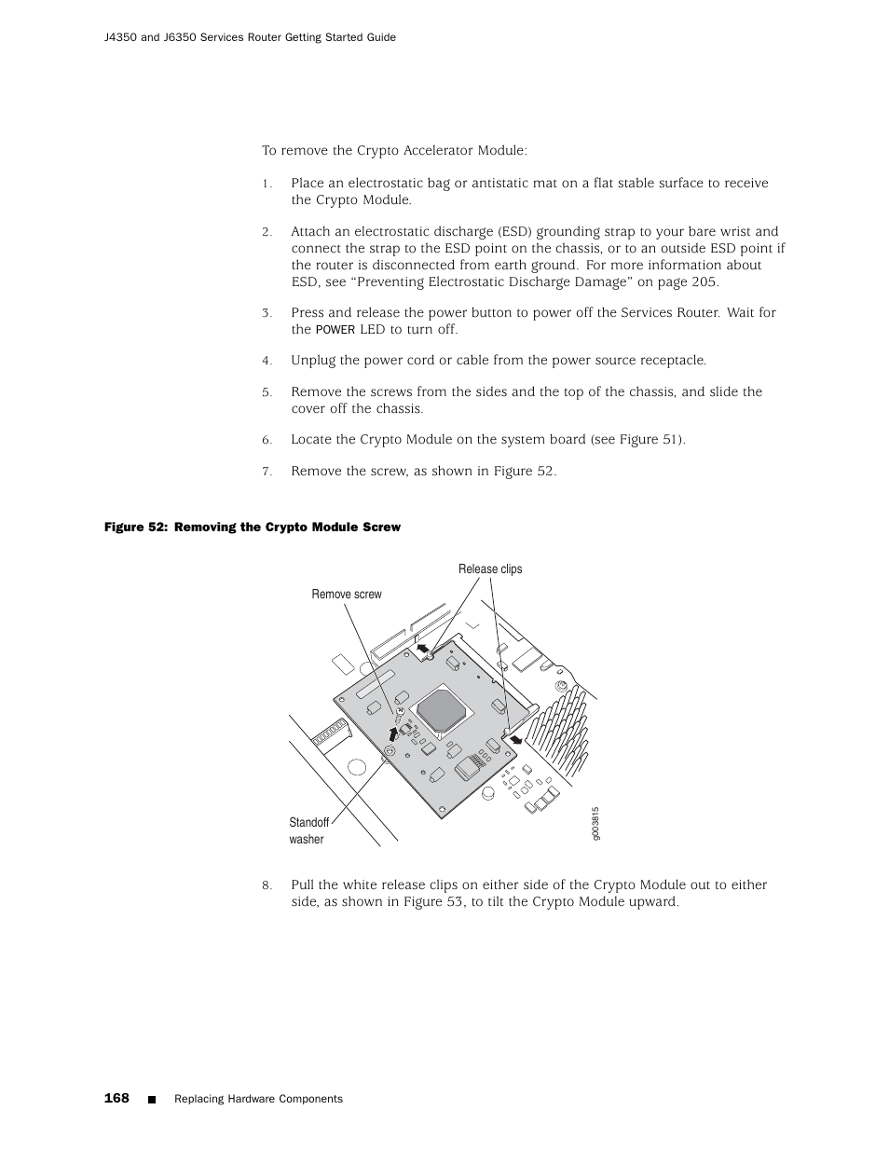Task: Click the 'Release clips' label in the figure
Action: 490,569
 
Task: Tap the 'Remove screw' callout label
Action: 347,595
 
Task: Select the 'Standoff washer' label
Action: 308,830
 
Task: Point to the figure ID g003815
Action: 595,823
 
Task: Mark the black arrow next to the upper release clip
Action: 424,647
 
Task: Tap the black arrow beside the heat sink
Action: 513,740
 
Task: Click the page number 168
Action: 116,1098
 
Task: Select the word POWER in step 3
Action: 335,330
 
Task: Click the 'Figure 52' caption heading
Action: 252,528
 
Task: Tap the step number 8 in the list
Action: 266,885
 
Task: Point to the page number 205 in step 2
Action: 704,282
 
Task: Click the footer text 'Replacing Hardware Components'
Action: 259,1099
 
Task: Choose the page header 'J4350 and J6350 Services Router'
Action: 251,37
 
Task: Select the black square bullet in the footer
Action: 152,1100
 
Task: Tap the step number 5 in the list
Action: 266,392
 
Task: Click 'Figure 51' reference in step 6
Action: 650,439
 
